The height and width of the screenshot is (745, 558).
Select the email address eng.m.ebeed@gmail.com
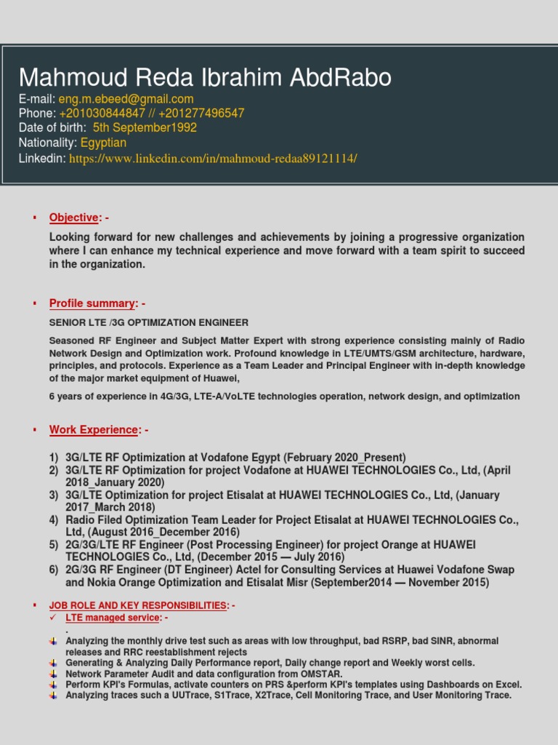pyautogui.click(x=126, y=99)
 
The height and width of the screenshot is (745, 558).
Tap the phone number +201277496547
pyautogui.click(x=204, y=113)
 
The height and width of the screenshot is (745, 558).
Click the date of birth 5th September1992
pyautogui.click(x=145, y=128)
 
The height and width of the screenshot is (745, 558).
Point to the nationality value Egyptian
pyautogui.click(x=103, y=143)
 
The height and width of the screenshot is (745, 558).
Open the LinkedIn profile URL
pyautogui.click(x=213, y=158)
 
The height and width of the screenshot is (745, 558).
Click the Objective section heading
pyautogui.click(x=73, y=218)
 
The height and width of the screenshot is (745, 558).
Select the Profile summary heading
pyautogui.click(x=92, y=303)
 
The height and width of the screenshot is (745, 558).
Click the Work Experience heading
pyautogui.click(x=94, y=430)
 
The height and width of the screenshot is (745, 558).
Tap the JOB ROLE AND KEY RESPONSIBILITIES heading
pyautogui.click(x=138, y=605)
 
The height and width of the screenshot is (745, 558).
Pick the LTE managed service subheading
pyautogui.click(x=113, y=618)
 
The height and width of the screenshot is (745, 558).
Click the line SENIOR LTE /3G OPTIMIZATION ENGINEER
pyautogui.click(x=149, y=322)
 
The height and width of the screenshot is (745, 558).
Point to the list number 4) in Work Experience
pyautogui.click(x=54, y=520)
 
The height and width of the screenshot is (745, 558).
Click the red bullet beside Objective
pyautogui.click(x=33, y=218)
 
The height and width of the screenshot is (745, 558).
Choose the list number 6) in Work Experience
pyautogui.click(x=54, y=570)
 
